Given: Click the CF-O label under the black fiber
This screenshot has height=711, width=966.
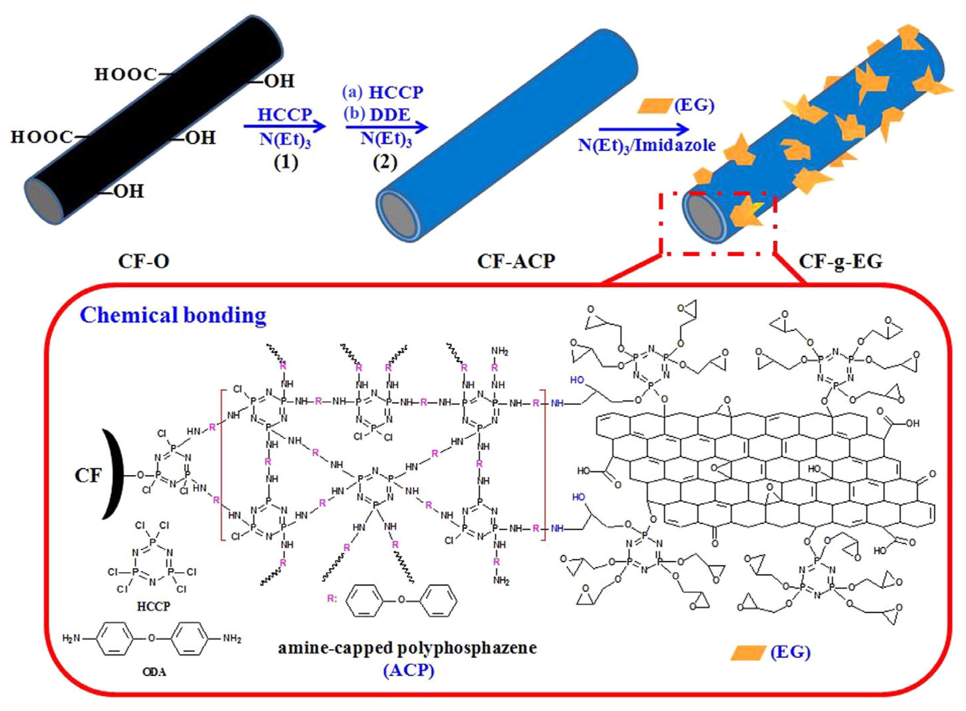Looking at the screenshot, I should tap(143, 262).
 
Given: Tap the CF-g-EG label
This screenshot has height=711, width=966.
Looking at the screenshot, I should tap(840, 262).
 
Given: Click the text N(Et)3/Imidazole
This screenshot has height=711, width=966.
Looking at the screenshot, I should tap(646, 145).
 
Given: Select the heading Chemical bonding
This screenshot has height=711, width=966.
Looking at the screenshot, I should tap(173, 315).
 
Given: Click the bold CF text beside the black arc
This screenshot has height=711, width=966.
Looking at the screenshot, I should tap(88, 476).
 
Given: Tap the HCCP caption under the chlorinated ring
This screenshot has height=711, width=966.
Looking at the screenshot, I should tap(154, 607).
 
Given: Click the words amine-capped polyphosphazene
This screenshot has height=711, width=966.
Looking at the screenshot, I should tap(407, 648).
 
